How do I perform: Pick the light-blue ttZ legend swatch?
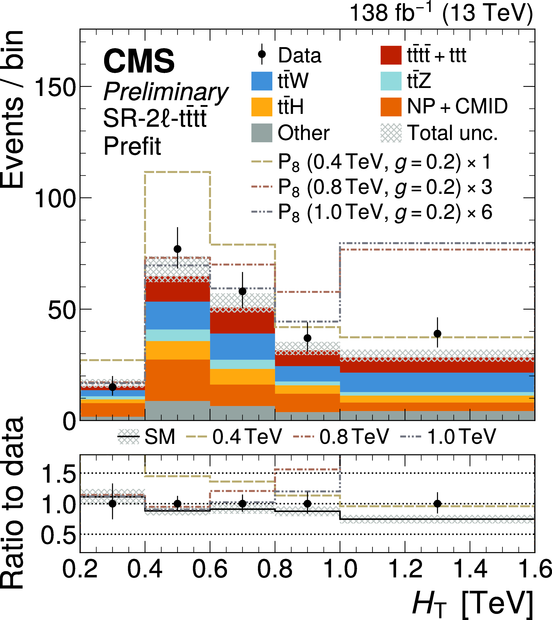[391, 81]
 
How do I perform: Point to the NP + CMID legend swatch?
[391, 107]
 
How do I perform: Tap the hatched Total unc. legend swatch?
[391, 133]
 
